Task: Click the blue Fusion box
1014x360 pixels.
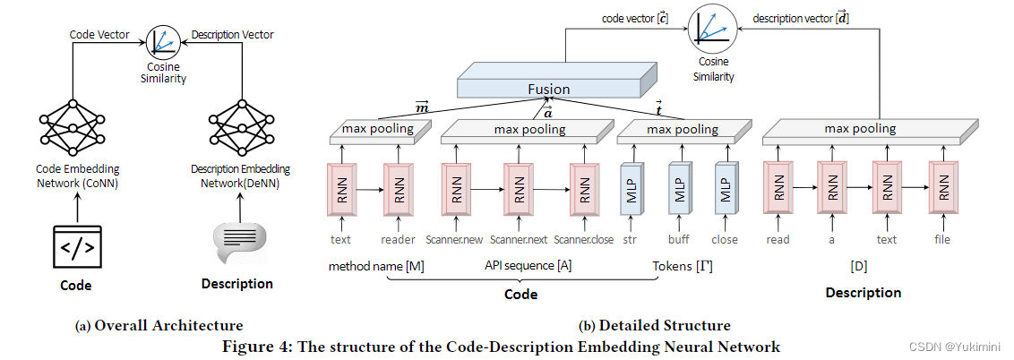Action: [547, 88]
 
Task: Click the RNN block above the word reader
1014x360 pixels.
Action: [399, 189]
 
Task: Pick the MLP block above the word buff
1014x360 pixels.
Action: [679, 189]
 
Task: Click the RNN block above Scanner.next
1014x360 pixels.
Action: [519, 189]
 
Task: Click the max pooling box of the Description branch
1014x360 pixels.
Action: [860, 130]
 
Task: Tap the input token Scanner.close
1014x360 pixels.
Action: [583, 240]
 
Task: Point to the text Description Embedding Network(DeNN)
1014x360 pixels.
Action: [239, 175]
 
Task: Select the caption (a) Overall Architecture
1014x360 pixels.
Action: [158, 325]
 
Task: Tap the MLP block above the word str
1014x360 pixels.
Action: [632, 189]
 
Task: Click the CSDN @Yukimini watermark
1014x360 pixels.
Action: [965, 347]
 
